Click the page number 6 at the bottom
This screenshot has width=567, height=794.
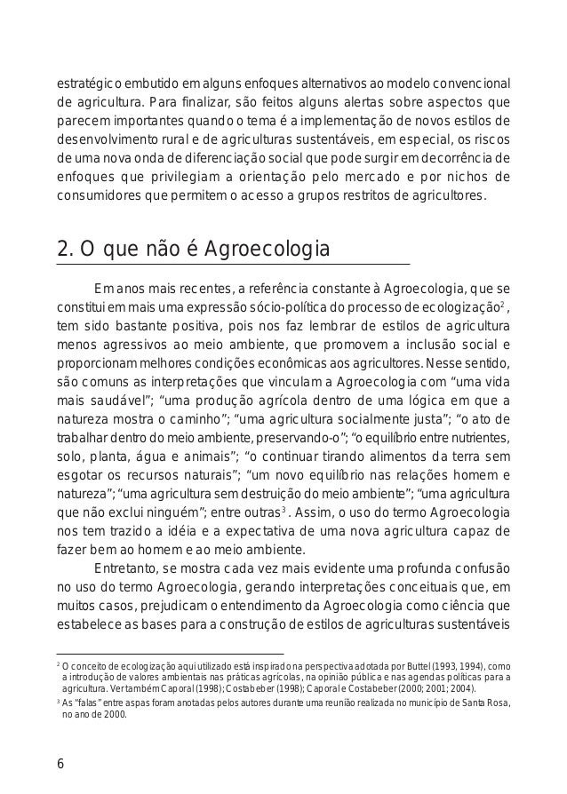tap(60, 761)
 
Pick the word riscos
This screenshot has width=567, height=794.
tap(491, 138)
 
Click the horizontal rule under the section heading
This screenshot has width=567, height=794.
tap(233, 266)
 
